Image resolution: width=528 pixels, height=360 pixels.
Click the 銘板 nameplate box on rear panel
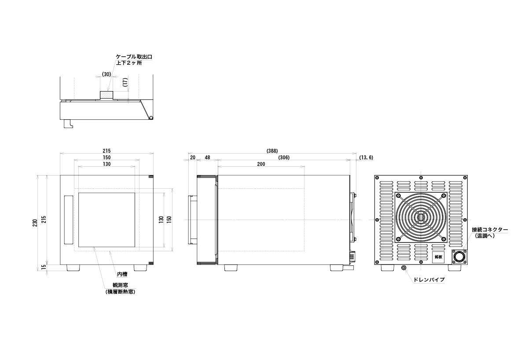[438, 257]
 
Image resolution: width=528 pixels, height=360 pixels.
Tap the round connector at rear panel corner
[458, 257]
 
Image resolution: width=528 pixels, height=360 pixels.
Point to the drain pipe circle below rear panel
[403, 268]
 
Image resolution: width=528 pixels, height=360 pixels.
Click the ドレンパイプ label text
[429, 279]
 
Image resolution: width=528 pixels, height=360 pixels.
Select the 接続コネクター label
[490, 229]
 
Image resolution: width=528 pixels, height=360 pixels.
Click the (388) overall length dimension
[272, 151]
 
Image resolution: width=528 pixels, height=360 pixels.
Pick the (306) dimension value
[284, 158]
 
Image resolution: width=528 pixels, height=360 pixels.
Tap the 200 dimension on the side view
[261, 164]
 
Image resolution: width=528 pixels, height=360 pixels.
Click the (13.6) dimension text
[366, 158]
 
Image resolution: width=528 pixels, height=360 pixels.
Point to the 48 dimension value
[207, 158]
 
